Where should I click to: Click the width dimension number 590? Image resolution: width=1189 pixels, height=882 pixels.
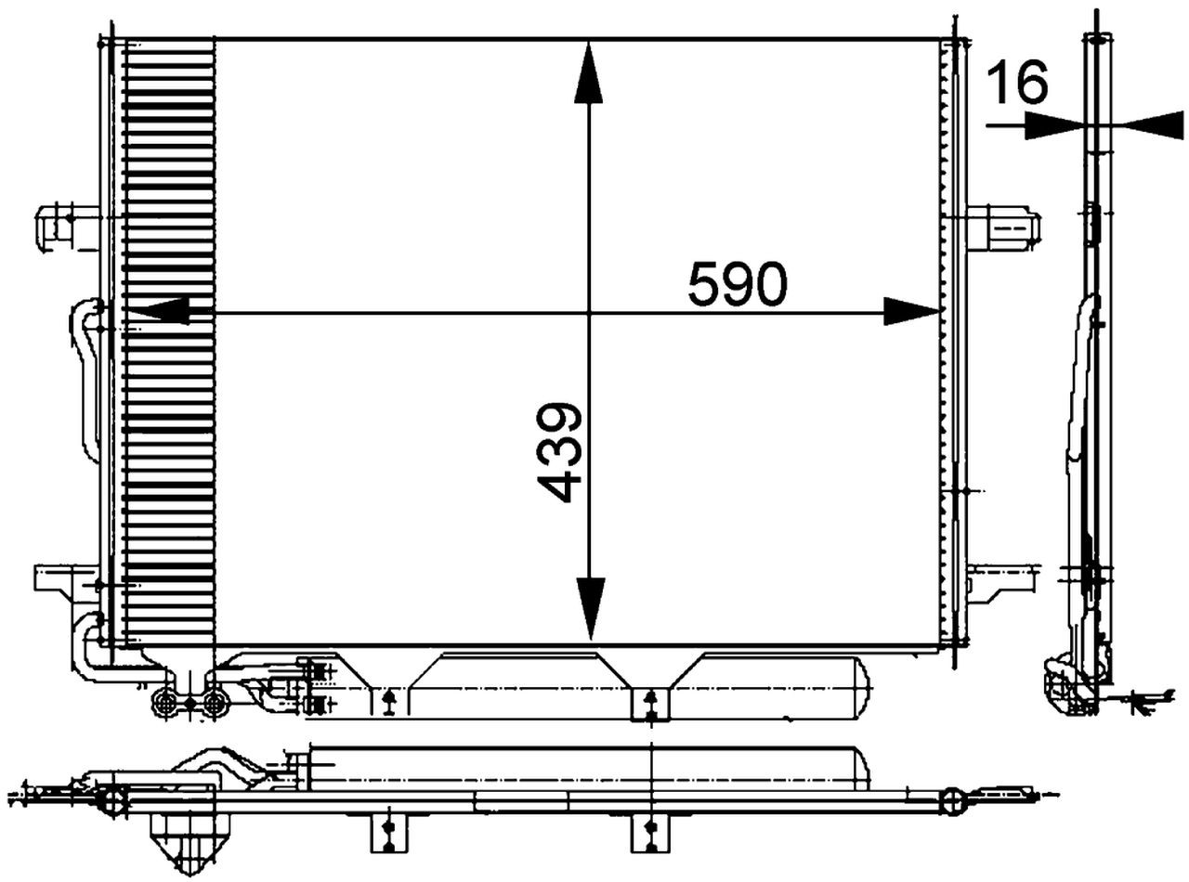click(738, 285)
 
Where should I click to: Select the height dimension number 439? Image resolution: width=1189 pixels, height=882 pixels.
click(560, 452)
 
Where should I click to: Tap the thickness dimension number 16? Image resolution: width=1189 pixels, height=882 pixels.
click(1016, 83)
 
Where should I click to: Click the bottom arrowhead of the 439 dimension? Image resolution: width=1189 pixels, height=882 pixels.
click(589, 608)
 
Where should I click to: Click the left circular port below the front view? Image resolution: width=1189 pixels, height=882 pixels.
click(165, 704)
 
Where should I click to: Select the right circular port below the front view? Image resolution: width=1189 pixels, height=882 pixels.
click(216, 704)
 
